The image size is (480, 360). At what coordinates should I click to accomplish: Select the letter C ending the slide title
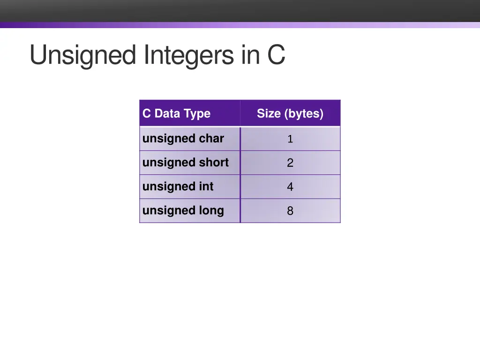pos(276,55)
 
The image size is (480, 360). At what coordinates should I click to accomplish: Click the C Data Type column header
pos(176,113)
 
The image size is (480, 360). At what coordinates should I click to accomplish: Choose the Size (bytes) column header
pos(290,113)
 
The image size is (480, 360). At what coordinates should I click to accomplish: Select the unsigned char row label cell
pos(183,139)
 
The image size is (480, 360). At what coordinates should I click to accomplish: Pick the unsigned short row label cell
pos(185,163)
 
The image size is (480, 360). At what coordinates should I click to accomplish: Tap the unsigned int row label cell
pos(178,187)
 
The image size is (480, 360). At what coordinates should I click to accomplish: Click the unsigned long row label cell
pos(183,210)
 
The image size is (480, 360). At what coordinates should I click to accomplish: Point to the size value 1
pos(290,139)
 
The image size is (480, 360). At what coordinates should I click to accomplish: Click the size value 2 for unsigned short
pos(290,163)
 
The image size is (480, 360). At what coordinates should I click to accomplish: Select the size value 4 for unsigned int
pos(290,187)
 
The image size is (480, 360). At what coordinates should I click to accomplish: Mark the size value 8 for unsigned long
pos(290,211)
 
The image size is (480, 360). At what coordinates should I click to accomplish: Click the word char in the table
pos(211,139)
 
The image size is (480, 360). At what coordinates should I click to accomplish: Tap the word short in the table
pos(214,163)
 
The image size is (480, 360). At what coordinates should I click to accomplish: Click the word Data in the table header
pos(167,113)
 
